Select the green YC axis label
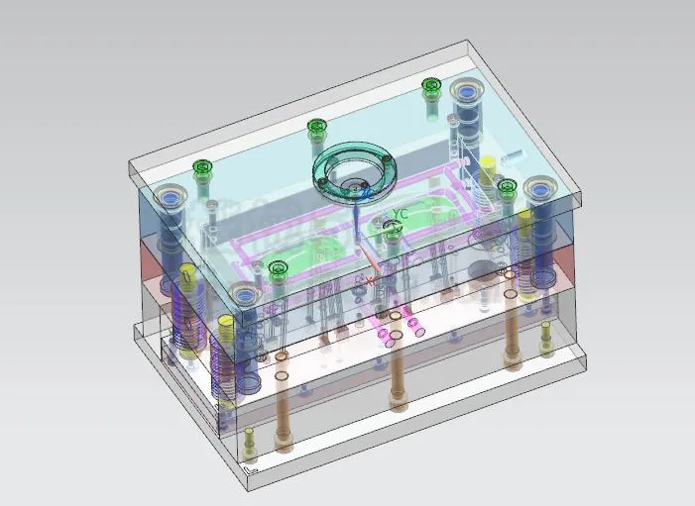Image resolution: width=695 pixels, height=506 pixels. point(401,213)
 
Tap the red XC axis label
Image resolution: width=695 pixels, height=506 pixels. point(371,281)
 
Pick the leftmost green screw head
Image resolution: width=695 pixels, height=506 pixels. point(202,168)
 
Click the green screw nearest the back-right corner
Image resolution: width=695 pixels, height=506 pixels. point(430,87)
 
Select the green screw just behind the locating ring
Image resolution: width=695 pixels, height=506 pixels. point(316,127)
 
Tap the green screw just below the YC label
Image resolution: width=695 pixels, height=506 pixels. point(393,232)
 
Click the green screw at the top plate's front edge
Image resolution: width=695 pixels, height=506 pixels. point(278,268)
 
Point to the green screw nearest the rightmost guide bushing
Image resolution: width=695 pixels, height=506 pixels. point(507,187)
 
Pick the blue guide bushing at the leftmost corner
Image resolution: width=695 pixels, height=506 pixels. point(172,198)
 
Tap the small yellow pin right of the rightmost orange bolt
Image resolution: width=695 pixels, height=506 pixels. point(546,337)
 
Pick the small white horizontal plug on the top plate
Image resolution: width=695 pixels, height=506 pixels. point(513,155)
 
